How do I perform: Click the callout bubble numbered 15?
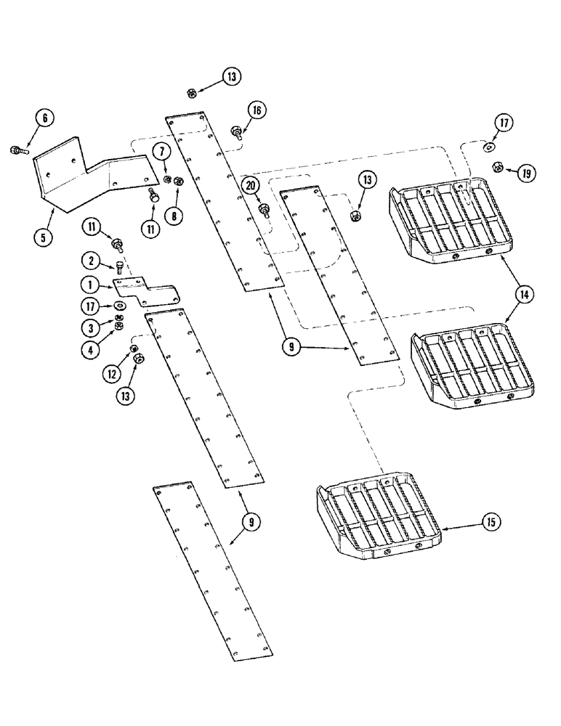(x=491, y=522)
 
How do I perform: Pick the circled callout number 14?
(x=523, y=294)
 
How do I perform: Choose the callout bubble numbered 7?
(x=161, y=151)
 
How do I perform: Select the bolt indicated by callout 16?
(x=236, y=132)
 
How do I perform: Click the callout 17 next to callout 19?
(x=504, y=123)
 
